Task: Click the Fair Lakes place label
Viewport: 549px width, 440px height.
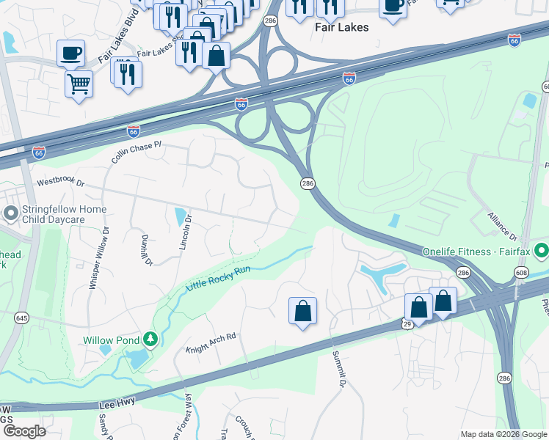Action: click(341, 26)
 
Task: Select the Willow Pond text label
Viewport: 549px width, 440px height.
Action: click(108, 340)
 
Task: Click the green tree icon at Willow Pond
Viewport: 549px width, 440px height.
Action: click(150, 339)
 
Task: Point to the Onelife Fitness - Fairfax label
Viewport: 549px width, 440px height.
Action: click(477, 252)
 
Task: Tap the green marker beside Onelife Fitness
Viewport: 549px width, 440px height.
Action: click(542, 252)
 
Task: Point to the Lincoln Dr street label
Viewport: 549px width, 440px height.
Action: click(186, 232)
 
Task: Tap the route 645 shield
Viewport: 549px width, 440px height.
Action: click(21, 318)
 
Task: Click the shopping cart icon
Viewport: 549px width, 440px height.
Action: click(79, 83)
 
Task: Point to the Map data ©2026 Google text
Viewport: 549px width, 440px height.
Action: click(503, 434)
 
